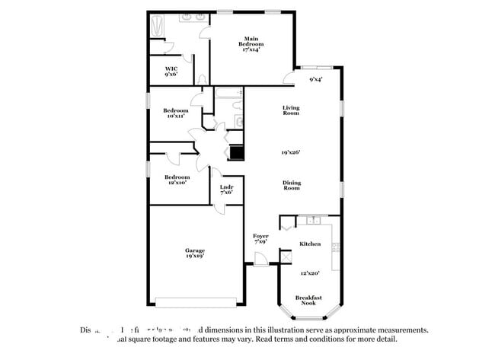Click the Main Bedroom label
[252, 44]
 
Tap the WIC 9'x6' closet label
[172, 72]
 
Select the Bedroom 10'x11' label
[176, 113]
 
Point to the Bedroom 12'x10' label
[176, 180]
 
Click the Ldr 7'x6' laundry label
[226, 189]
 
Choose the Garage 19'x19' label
[195, 253]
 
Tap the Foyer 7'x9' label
[260, 239]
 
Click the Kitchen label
[309, 244]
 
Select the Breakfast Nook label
[308, 300]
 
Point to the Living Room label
[291, 110]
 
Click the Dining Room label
[291, 184]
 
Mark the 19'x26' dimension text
[291, 152]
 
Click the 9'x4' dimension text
[316, 78]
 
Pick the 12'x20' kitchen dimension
[309, 272]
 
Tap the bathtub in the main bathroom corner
[155, 27]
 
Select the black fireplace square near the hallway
[238, 152]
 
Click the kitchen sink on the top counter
[311, 221]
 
